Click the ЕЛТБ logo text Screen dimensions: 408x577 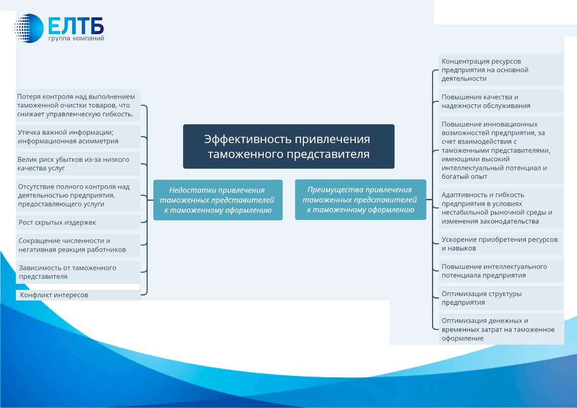click(76, 25)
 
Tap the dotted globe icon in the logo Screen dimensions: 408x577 click(29, 28)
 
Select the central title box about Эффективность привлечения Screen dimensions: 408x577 click(288, 146)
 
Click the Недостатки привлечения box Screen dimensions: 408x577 click(217, 200)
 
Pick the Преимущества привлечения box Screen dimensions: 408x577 click(360, 199)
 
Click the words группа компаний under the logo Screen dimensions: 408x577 click(76, 38)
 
